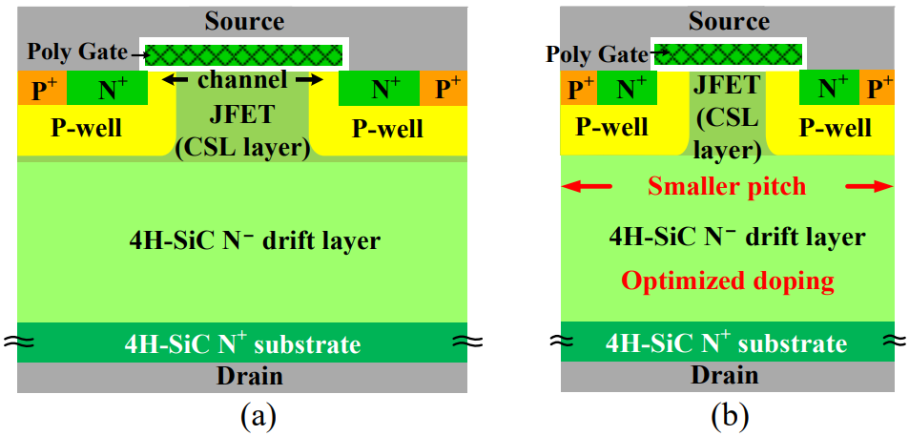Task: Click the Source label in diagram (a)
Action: click(x=243, y=21)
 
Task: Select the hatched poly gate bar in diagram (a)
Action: click(x=243, y=55)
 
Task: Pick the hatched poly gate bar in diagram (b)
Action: click(x=728, y=54)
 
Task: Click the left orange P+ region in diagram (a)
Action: click(x=42, y=88)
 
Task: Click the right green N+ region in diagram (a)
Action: click(x=379, y=88)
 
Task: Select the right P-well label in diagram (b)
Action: click(x=835, y=128)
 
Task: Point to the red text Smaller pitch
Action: click(x=727, y=187)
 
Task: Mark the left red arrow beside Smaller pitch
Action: click(x=588, y=187)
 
